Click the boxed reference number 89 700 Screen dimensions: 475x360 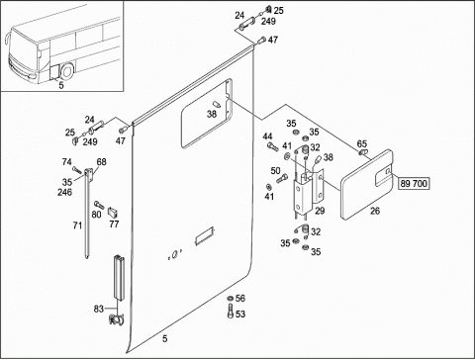tap(414, 183)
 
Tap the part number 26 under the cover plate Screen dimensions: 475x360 tap(375, 211)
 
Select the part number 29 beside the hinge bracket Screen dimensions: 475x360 tap(320, 211)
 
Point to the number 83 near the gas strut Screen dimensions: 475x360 tap(99, 309)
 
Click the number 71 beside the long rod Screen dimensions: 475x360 tap(77, 225)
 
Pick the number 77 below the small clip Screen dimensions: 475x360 tap(114, 225)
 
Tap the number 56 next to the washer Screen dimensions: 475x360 tap(240, 299)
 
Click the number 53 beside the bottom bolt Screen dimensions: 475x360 tap(240, 315)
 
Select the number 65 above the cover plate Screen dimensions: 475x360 tap(362, 144)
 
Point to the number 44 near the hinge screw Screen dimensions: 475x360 tap(267, 136)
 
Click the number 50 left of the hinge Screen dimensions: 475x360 tap(275, 171)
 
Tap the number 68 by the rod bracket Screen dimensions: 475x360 tap(101, 162)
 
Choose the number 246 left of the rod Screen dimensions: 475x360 tap(64, 192)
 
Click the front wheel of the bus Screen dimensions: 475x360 tap(67, 71)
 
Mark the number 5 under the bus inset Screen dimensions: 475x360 tap(61, 85)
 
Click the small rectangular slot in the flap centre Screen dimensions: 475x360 tap(205, 236)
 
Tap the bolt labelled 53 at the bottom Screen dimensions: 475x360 tap(230, 312)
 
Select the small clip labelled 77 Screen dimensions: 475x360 tap(113, 214)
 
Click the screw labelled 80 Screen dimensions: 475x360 tap(99, 205)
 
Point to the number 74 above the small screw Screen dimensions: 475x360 tap(67, 162)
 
